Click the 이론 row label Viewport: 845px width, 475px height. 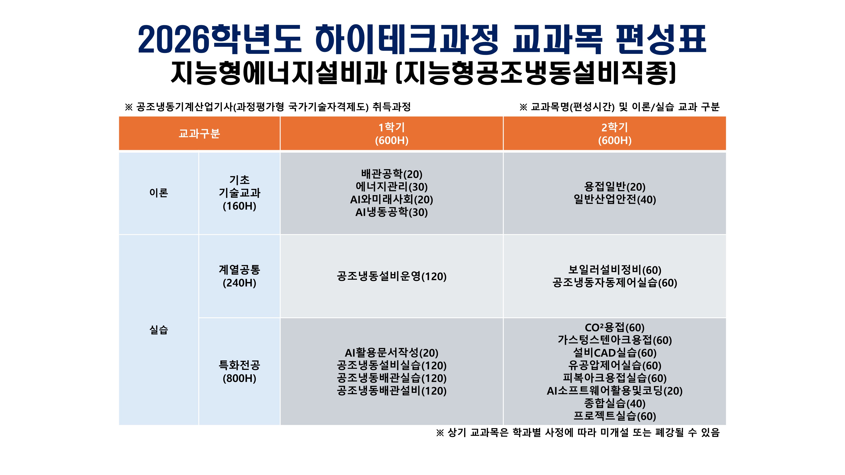pyautogui.click(x=159, y=193)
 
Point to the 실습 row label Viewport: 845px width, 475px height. pyautogui.click(x=159, y=330)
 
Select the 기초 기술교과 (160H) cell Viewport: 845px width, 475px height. pyautogui.click(x=240, y=193)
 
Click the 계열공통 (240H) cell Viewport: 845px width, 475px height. pyautogui.click(x=240, y=276)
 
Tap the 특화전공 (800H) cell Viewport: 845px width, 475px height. pyautogui.click(x=240, y=371)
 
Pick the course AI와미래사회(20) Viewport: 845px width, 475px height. pyautogui.click(x=392, y=199)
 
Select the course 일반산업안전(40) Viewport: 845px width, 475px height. pyautogui.click(x=615, y=199)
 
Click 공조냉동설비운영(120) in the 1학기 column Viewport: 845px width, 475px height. pyautogui.click(x=392, y=276)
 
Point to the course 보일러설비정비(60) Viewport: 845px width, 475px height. pyautogui.click(x=615, y=270)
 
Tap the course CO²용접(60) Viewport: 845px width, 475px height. pyautogui.click(x=615, y=327)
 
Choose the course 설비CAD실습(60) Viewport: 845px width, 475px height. pyautogui.click(x=615, y=353)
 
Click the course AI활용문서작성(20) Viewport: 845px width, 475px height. pyautogui.click(x=392, y=353)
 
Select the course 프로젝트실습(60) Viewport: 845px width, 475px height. pyautogui.click(x=615, y=416)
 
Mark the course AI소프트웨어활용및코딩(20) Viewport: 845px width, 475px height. pyautogui.click(x=615, y=391)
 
